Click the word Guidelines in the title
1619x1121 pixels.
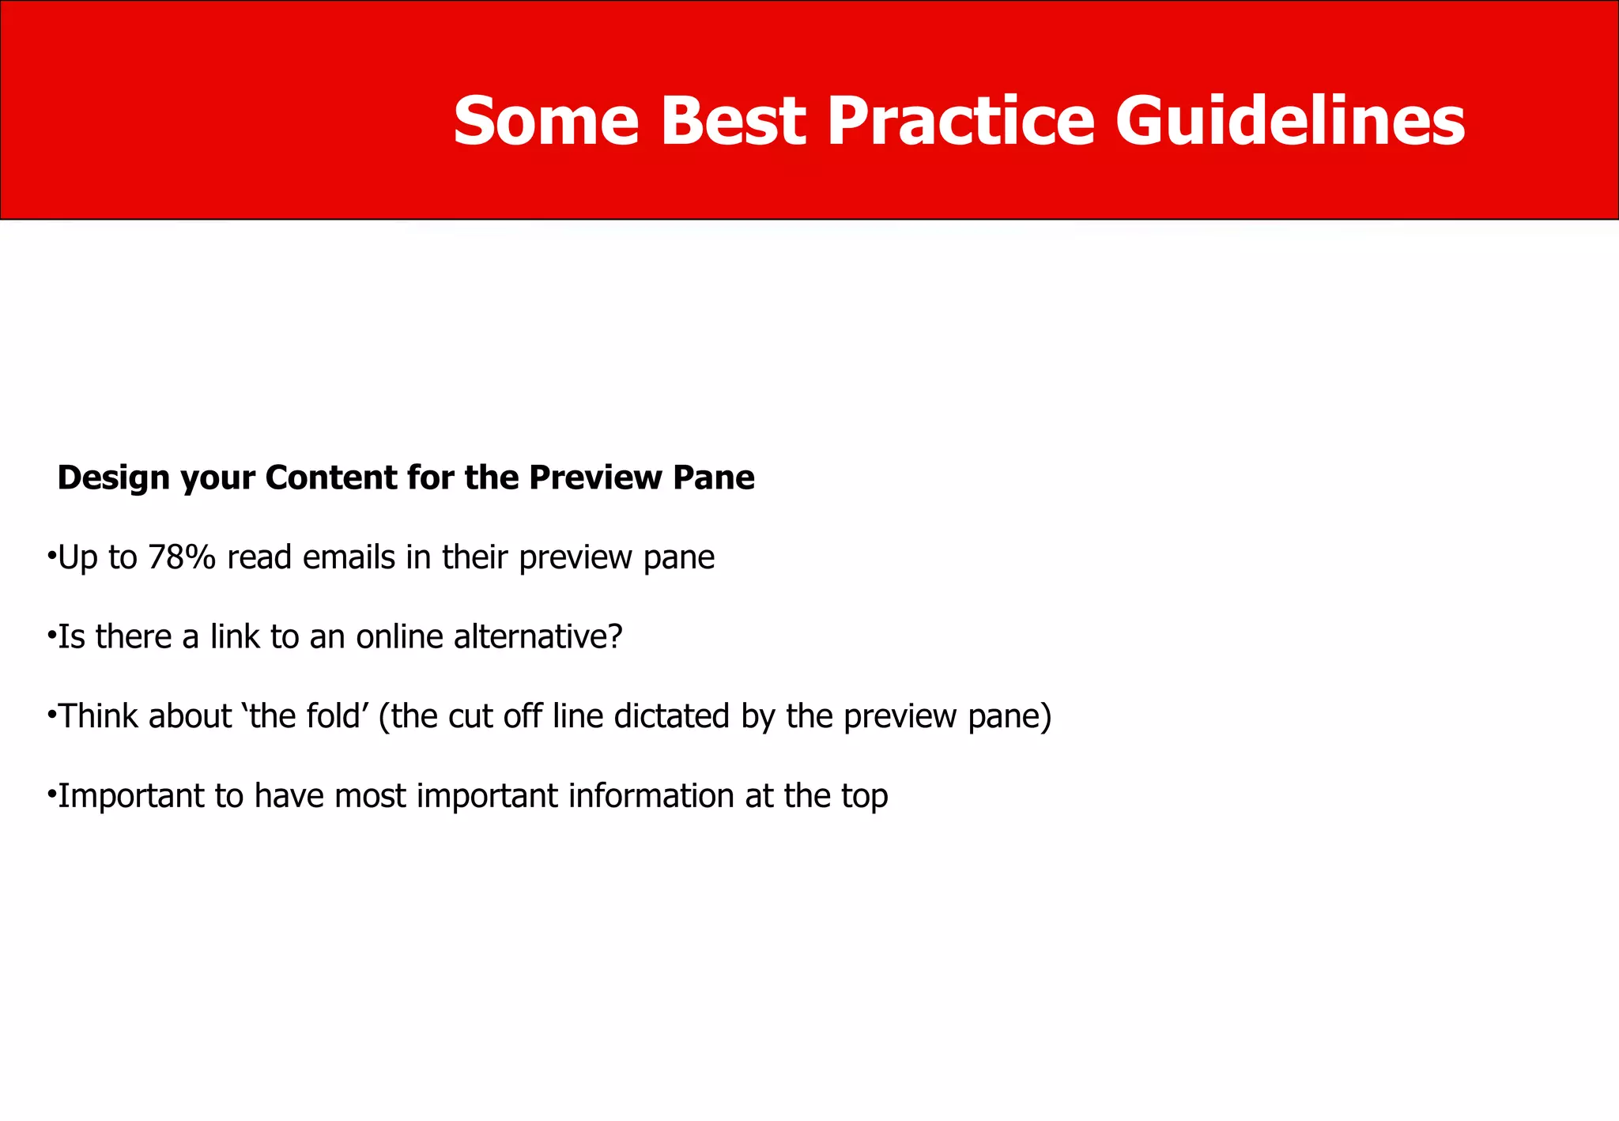[x=1290, y=122]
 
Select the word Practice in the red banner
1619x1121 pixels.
[x=960, y=122]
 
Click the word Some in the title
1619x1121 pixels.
[x=545, y=122]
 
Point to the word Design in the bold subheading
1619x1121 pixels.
[x=113, y=478]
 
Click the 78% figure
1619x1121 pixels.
[x=181, y=557]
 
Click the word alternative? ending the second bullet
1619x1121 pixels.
[x=538, y=636]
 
